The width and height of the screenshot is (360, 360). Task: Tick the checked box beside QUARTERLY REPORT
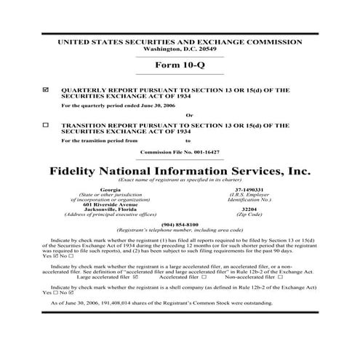click(46, 89)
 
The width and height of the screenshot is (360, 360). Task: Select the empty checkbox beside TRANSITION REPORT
click(46, 124)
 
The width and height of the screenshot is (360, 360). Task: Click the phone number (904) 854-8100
click(180, 224)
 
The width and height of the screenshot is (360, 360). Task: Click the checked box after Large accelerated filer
click(137, 277)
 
